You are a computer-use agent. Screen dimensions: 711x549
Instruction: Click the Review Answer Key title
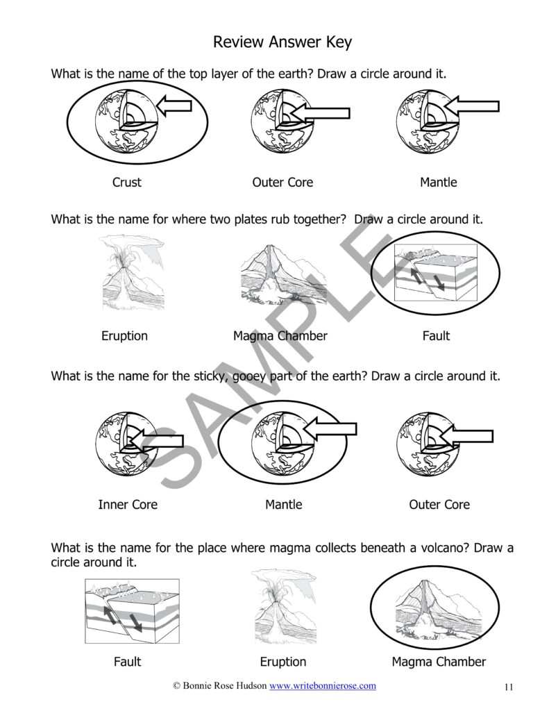point(282,42)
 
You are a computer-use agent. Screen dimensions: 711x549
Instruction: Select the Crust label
point(126,183)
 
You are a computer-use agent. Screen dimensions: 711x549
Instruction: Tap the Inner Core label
point(128,505)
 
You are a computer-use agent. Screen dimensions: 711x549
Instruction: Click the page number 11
point(509,687)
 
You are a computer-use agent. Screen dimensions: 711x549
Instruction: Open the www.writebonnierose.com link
point(323,686)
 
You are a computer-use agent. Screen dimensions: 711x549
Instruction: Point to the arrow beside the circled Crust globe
point(174,106)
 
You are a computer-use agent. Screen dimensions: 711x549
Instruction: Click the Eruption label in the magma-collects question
point(282,662)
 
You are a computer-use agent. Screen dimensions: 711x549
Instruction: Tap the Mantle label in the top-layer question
point(438,183)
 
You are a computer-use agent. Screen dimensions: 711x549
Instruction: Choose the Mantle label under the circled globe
point(283,505)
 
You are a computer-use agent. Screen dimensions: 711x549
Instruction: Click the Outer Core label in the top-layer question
point(282,183)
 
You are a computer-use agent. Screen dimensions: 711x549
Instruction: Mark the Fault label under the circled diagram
point(436,336)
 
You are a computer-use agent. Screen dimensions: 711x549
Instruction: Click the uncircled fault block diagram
point(132,610)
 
